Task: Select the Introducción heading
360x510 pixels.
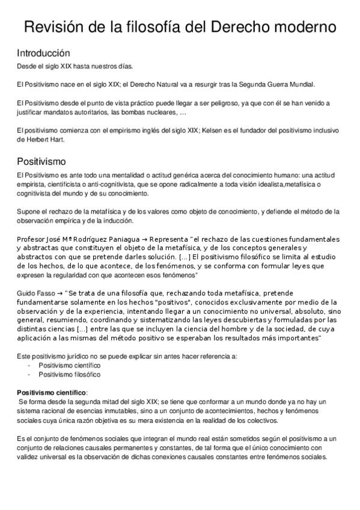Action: (x=43, y=53)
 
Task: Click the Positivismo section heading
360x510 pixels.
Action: (x=41, y=162)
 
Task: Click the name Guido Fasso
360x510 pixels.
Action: (x=35, y=293)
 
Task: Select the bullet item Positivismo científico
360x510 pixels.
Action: (x=69, y=365)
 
